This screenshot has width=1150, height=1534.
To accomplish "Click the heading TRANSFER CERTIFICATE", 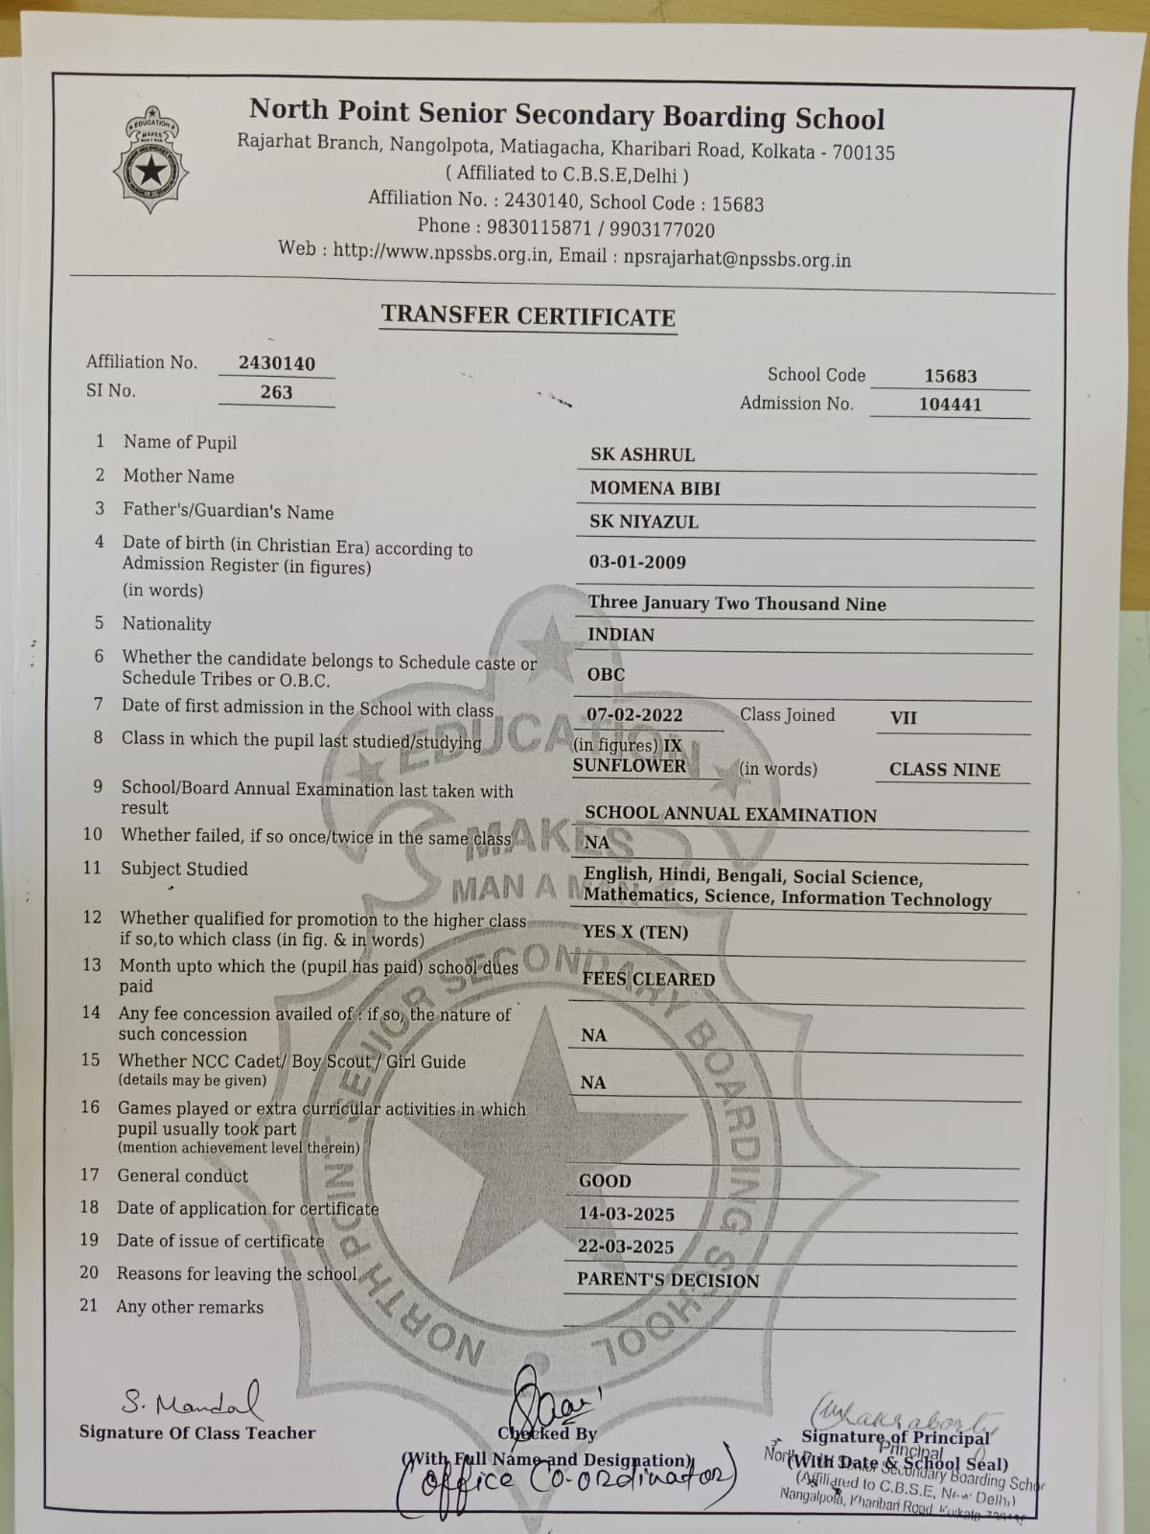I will coord(528,316).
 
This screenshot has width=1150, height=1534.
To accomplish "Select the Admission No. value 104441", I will coord(950,404).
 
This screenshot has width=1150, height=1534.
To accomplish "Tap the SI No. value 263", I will coord(276,391).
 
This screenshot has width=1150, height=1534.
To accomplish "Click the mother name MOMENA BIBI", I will coord(655,488).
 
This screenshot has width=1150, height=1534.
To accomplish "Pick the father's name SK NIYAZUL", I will coord(644,522).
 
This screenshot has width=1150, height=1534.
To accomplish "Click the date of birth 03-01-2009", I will coord(637,562).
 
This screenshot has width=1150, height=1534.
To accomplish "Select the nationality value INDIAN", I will coord(621,635).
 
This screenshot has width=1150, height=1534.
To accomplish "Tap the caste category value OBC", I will coord(606,674).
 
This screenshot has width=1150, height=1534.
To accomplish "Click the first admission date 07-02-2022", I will coord(634,714).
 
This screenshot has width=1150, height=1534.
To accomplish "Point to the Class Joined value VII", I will coord(904,717).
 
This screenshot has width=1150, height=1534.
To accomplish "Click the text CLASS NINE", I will coord(944,770).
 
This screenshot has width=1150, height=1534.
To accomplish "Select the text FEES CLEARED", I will coord(649,979).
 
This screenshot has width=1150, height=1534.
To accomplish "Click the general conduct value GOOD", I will coord(605,1180).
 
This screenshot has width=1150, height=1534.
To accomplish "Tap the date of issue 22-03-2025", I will coord(626,1246).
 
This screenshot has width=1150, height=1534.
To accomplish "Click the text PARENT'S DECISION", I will coord(667,1280).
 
